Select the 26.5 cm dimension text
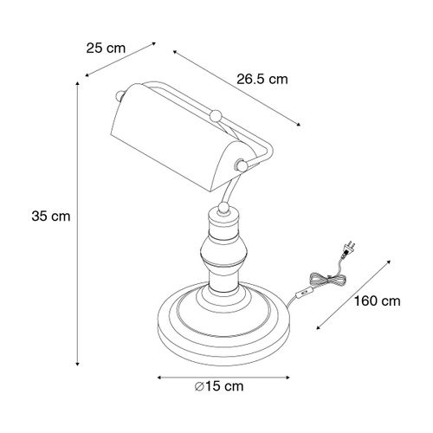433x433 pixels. [262, 79]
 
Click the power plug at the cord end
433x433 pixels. [350, 249]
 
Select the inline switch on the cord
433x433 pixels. [302, 293]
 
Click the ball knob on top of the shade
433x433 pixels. [216, 113]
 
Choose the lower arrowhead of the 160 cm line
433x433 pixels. [316, 328]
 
